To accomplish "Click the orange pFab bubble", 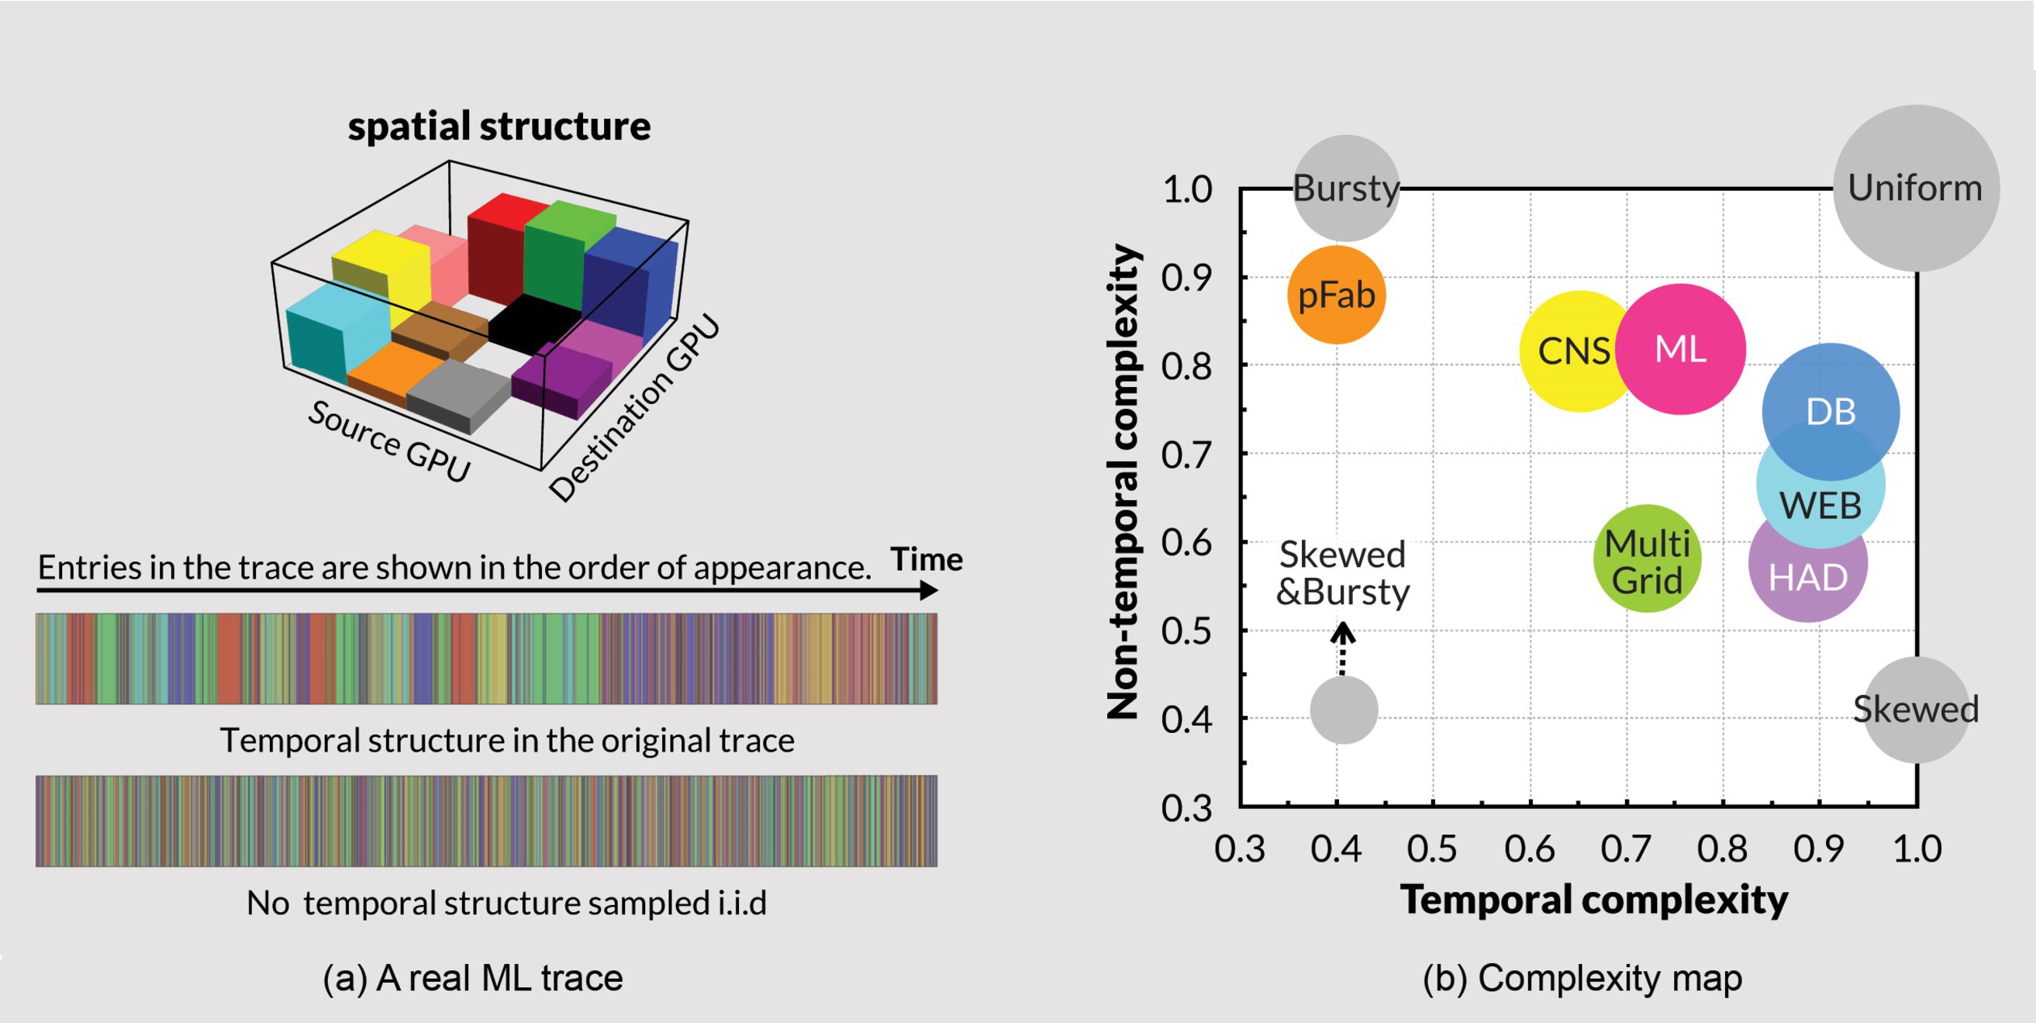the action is tap(1337, 295).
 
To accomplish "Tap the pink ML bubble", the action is tap(1680, 349).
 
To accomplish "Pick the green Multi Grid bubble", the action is tap(1647, 558).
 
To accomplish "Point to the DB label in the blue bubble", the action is tap(1831, 412).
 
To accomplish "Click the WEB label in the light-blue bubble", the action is tap(1820, 506).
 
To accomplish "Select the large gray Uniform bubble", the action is tap(1916, 188).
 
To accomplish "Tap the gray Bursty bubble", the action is tap(1346, 188).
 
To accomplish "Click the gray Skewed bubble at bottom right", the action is tap(1916, 709).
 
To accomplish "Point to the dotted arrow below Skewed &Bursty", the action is tap(1342, 648).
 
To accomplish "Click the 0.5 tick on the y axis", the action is tap(1185, 631).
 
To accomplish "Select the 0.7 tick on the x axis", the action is tap(1626, 849).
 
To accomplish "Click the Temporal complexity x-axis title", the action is tap(1593, 900).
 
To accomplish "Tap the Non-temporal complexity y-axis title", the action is tap(1123, 482).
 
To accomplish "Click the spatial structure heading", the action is tap(499, 126).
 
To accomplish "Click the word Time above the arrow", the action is tap(927, 559).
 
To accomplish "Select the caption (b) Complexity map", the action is tap(1582, 978).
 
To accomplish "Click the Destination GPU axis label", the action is tap(635, 408).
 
